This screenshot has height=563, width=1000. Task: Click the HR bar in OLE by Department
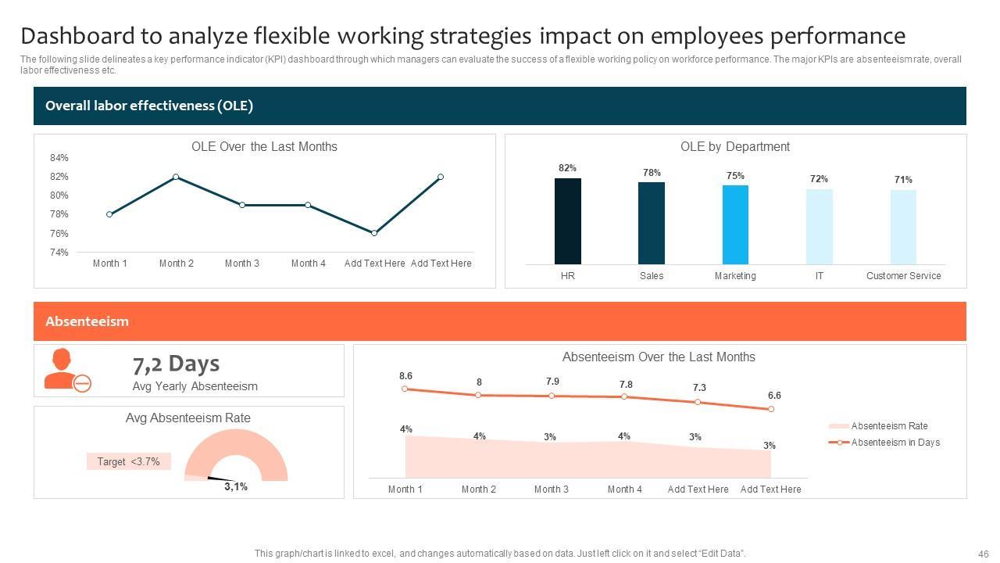(568, 221)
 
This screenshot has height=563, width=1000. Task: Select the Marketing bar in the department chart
(735, 224)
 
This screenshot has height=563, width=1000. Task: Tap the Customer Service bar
(903, 227)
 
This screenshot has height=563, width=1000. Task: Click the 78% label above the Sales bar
(652, 173)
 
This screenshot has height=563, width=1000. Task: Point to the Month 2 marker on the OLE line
(176, 177)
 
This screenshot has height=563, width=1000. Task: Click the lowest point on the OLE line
(374, 233)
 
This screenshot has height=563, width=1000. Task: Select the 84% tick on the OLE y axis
(59, 158)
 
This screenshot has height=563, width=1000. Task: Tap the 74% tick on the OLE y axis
(59, 253)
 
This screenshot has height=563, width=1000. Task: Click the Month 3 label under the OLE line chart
(242, 264)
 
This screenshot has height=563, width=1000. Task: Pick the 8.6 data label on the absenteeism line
(405, 376)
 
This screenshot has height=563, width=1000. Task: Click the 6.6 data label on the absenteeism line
(774, 396)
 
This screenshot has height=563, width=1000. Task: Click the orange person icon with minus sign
(67, 371)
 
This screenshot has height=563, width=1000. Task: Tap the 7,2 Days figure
(176, 364)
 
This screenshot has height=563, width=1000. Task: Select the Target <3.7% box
(128, 462)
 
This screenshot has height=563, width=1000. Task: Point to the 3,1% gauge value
(236, 486)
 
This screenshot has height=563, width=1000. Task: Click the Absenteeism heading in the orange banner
(87, 321)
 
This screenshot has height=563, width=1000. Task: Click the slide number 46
(983, 554)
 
